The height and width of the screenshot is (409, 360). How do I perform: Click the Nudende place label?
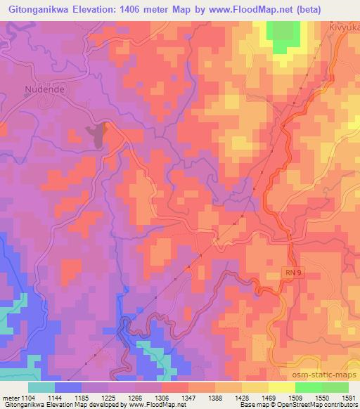(x=46, y=90)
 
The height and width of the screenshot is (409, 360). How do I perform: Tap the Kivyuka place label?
(x=344, y=27)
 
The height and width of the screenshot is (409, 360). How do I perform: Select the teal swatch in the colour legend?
(x=41, y=387)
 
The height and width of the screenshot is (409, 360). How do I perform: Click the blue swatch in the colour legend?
(x=68, y=387)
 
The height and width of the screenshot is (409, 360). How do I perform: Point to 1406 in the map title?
(x=153, y=9)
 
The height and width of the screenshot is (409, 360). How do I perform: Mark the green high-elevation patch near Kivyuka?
(x=283, y=35)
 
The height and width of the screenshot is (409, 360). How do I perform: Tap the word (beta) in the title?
(x=337, y=9)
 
